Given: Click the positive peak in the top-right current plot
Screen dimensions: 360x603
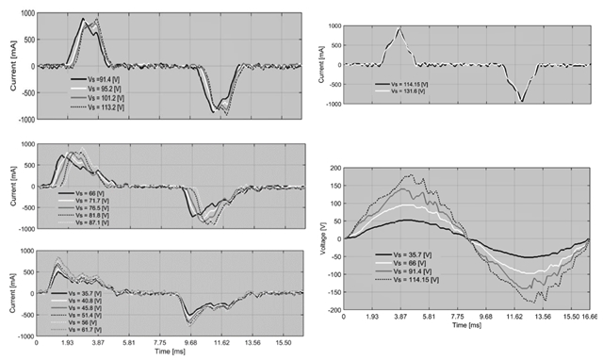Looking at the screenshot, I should point(399,29).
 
